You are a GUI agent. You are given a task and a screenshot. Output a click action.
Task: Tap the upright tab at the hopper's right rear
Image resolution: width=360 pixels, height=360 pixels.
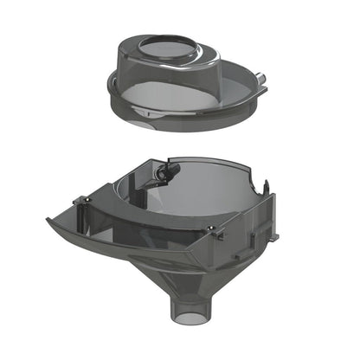(268, 185)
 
